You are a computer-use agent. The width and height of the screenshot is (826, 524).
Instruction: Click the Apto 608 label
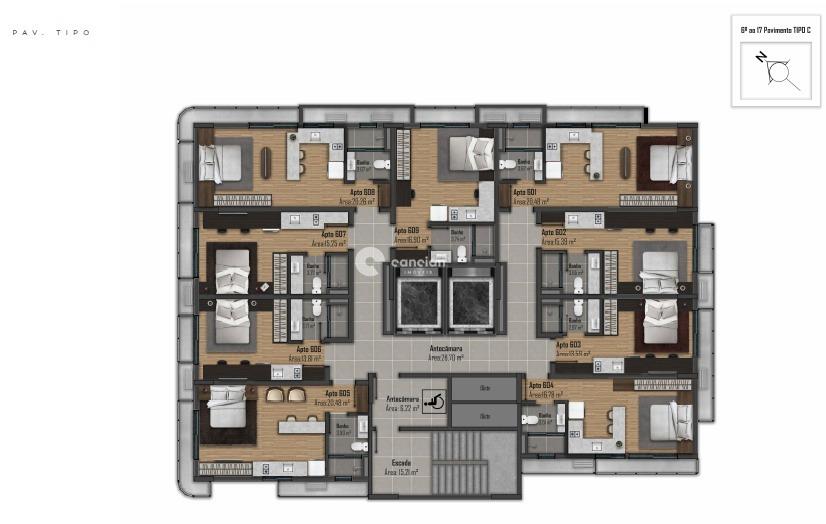coord(362,192)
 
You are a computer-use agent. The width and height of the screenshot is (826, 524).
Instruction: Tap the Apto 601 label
coord(525,192)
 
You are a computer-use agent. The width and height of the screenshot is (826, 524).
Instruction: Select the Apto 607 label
coord(334,234)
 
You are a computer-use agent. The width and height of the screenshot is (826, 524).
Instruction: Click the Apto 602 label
coord(554,232)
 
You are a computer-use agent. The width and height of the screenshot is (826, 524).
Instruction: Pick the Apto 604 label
coord(541,385)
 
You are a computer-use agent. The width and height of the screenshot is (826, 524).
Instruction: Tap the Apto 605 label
coord(337,393)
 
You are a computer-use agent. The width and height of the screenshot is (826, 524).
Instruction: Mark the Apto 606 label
coord(308,349)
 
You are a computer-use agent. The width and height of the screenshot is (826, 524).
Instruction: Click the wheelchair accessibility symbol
coord(435,398)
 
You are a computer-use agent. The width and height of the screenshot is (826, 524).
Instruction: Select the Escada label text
coord(400,463)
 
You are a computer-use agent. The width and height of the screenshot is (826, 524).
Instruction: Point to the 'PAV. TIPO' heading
coord(51,33)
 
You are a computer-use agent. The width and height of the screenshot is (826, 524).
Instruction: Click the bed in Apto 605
coord(222,411)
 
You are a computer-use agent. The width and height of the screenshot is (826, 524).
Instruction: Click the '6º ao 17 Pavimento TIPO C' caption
coord(775,31)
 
